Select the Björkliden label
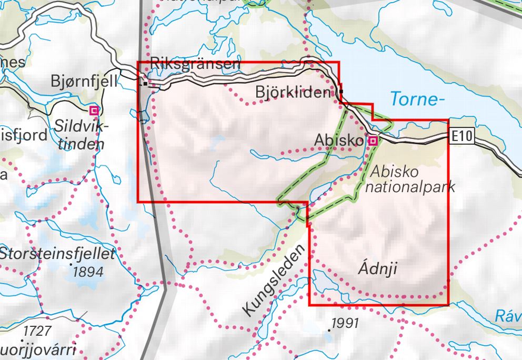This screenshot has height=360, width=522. [x=293, y=92]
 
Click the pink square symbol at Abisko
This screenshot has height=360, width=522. [x=373, y=141]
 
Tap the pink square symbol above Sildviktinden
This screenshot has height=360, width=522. [x=94, y=111]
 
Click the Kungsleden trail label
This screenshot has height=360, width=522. [x=274, y=282]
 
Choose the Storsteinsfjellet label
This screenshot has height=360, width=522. [x=57, y=254]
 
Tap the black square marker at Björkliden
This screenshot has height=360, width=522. [x=341, y=92]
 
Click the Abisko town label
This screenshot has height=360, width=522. [x=338, y=141]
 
